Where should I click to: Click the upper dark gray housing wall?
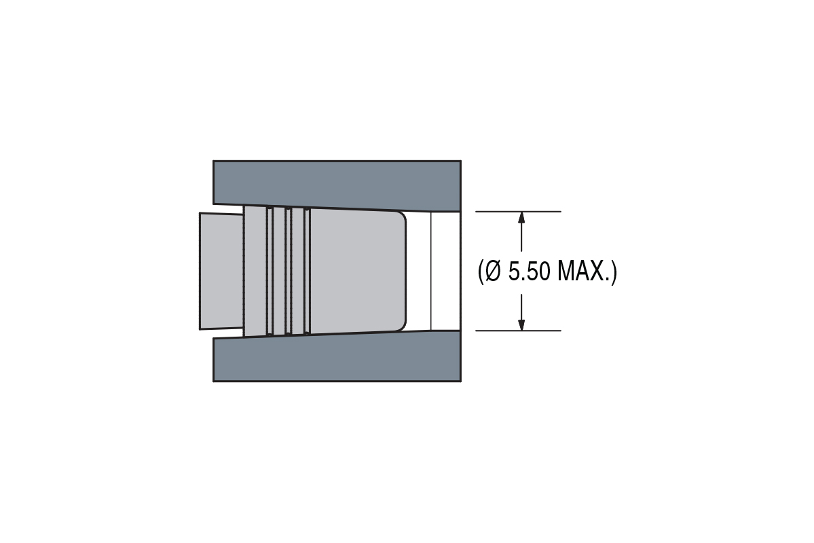(x=337, y=182)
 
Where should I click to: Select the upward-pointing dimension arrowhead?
(x=521, y=217)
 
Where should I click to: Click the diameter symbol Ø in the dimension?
(x=494, y=271)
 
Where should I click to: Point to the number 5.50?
(x=530, y=271)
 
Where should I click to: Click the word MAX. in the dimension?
(x=582, y=271)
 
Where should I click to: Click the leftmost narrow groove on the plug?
(x=270, y=271)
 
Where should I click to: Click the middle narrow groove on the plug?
(x=289, y=271)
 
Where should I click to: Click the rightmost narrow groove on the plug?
(x=307, y=271)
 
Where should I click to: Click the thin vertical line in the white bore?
(x=431, y=271)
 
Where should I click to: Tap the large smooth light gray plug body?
(x=353, y=271)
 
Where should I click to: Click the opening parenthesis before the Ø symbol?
(x=481, y=271)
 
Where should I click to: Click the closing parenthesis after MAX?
(x=614, y=271)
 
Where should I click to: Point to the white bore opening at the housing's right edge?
(x=447, y=271)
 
